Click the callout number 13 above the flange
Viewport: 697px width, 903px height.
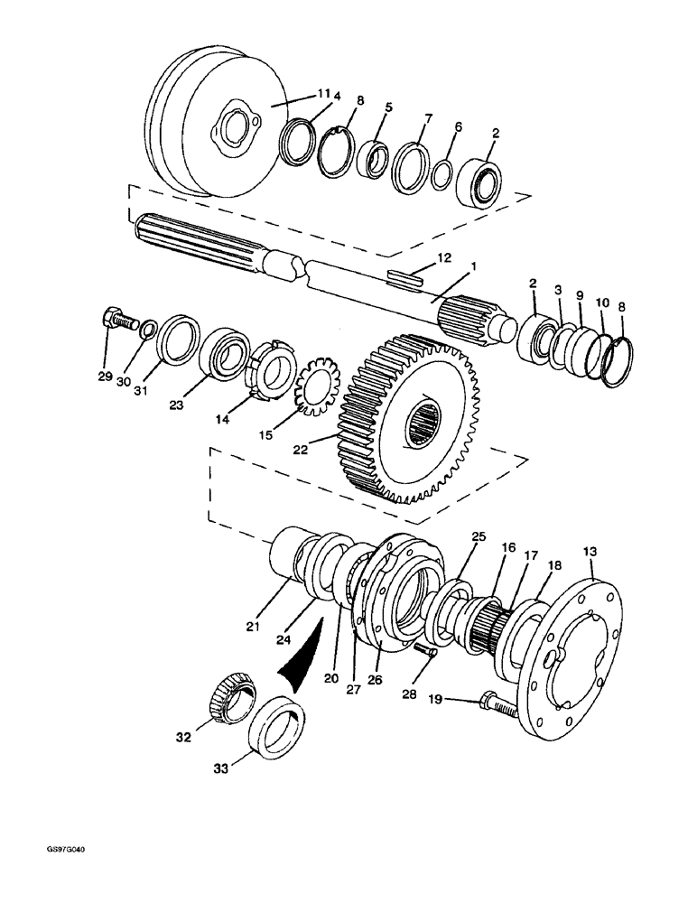click(590, 550)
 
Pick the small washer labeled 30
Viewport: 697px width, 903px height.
click(147, 326)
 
